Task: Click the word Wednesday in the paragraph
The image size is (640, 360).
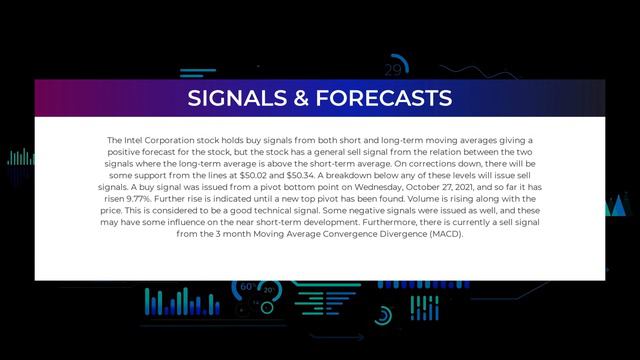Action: pos(374,186)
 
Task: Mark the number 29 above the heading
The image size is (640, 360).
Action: pos(392,70)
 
